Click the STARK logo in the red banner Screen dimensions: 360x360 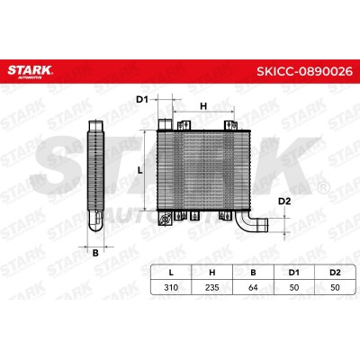click(x=30, y=71)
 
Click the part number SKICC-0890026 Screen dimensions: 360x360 click(x=304, y=71)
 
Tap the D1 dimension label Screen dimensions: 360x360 click(x=142, y=99)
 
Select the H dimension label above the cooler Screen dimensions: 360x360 click(x=203, y=106)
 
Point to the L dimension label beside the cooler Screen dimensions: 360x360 click(x=139, y=170)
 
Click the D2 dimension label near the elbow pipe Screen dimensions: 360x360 click(x=284, y=202)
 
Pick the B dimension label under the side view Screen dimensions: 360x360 click(x=95, y=253)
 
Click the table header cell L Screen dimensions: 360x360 click(x=171, y=273)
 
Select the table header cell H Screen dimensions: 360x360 click(x=212, y=273)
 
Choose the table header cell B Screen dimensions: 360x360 click(x=253, y=273)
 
